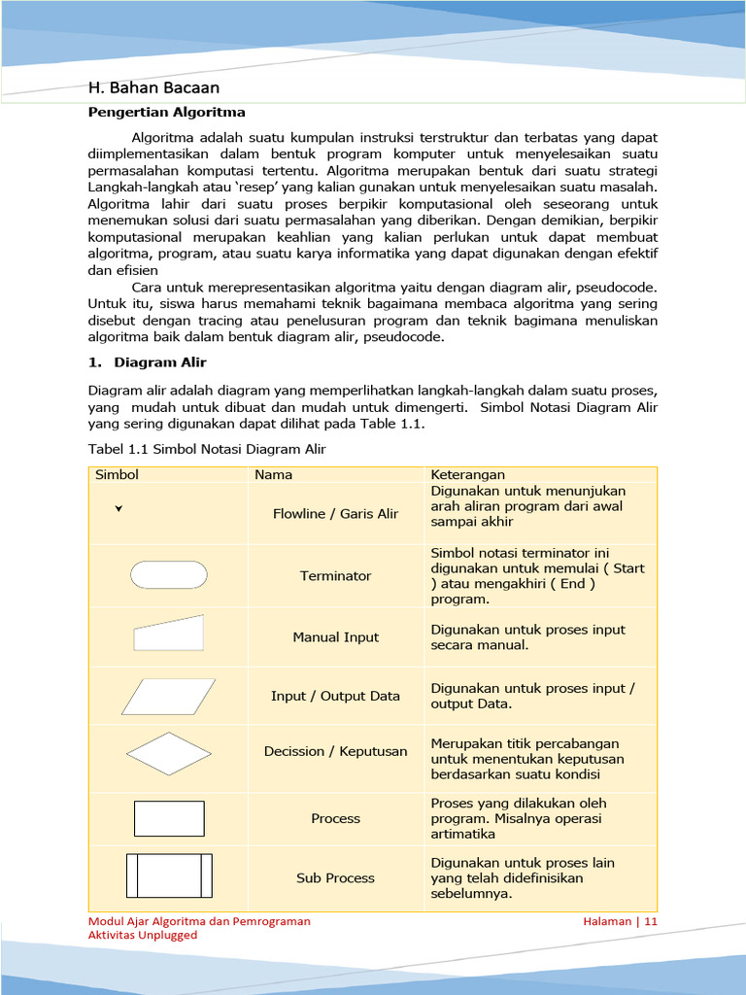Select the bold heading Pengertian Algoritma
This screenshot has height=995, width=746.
coord(166,113)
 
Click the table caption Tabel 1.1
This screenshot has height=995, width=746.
coord(207,449)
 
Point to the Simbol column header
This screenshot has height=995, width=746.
coord(117,475)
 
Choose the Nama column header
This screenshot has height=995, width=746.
coord(273,475)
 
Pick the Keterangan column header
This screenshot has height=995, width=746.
coord(468,475)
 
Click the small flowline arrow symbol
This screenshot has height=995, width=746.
coord(119,508)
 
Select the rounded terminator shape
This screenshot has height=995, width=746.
coord(168,575)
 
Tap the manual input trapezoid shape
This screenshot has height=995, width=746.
coord(168,633)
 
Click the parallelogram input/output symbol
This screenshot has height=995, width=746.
coord(168,696)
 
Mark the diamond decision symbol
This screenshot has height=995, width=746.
coord(168,753)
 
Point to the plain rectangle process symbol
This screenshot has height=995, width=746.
coord(168,818)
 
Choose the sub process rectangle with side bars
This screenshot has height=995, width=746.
coord(168,875)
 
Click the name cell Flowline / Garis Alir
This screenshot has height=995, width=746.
coord(335,514)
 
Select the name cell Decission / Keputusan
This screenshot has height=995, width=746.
coord(335,751)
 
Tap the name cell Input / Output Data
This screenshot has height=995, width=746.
coord(335,696)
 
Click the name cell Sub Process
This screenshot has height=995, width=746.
coord(335,877)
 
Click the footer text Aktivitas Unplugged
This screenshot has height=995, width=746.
coord(143,935)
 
